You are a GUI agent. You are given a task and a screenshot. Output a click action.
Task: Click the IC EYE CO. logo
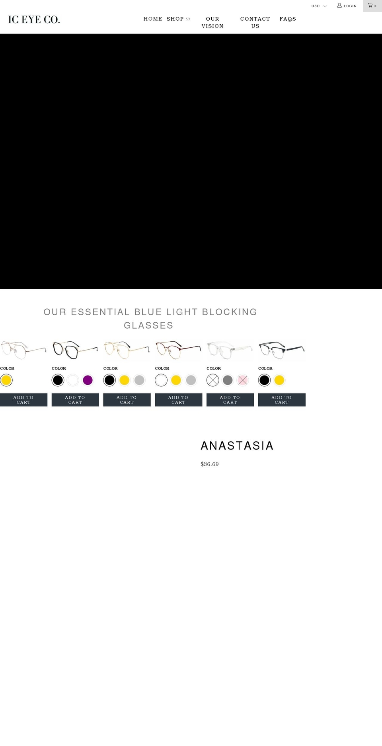click(34, 19)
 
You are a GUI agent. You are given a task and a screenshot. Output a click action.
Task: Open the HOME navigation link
click(153, 19)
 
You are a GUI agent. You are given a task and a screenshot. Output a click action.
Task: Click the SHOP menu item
click(178, 19)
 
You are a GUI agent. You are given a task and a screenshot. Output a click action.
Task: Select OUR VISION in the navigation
click(212, 22)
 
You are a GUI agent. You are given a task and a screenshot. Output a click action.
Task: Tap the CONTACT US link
click(255, 22)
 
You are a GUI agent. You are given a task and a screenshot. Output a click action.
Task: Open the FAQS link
click(288, 19)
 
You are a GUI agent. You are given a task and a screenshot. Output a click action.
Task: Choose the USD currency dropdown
click(319, 6)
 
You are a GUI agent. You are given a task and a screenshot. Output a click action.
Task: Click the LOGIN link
click(347, 6)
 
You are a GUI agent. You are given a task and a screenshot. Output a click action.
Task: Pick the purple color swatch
click(88, 380)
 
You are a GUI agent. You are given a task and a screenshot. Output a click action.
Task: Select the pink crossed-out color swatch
click(243, 380)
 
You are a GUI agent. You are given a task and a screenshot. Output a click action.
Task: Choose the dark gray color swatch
click(228, 380)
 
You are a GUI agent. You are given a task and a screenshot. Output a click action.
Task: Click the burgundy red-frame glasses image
click(178, 349)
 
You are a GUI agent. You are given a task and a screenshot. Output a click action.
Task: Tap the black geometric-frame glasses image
click(75, 349)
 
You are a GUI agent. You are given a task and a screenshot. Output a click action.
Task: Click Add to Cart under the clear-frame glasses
click(230, 400)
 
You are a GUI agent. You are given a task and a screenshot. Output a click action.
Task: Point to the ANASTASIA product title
click(237, 446)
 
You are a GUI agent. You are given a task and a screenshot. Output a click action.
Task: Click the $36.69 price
click(210, 464)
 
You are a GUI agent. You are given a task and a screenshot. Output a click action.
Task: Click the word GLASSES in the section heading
click(148, 325)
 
